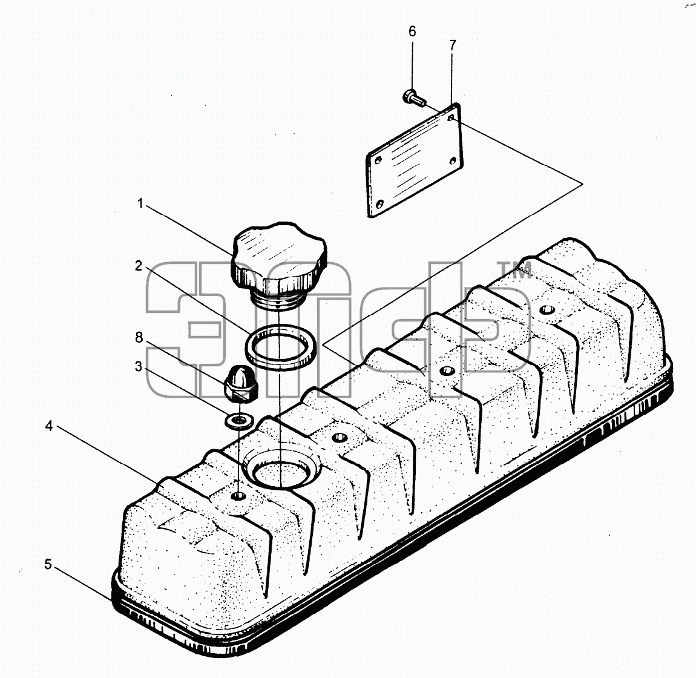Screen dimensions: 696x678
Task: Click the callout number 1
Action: point(140,204)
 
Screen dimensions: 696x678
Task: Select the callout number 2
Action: point(139,266)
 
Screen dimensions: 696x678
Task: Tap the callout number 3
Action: point(139,366)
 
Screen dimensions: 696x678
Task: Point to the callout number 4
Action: point(49,426)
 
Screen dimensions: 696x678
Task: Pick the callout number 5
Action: point(48,564)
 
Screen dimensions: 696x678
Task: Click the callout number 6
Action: point(412,31)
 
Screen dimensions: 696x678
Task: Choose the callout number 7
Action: point(452,45)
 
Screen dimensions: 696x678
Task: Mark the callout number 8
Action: point(139,337)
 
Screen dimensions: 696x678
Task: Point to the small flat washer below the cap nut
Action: point(240,421)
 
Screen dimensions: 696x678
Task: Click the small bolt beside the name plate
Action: point(414,97)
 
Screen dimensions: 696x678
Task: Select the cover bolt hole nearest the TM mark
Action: point(545,309)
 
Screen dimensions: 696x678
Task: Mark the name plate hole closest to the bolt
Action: point(451,117)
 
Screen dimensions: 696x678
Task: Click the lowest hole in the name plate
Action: point(379,204)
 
